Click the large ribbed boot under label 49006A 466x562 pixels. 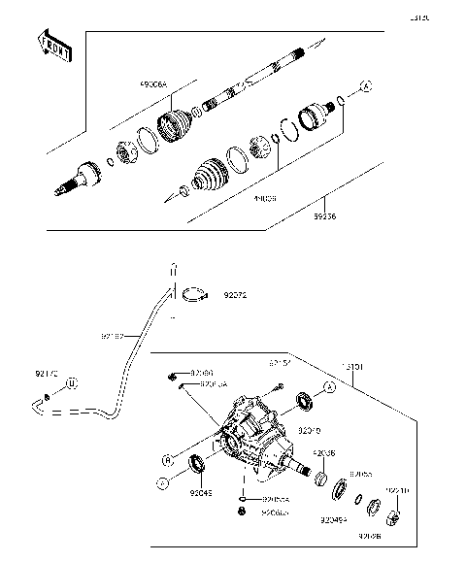tap(174, 128)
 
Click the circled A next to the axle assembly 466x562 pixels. tap(366, 88)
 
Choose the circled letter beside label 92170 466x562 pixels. tap(71, 385)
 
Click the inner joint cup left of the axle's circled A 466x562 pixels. tap(315, 116)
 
